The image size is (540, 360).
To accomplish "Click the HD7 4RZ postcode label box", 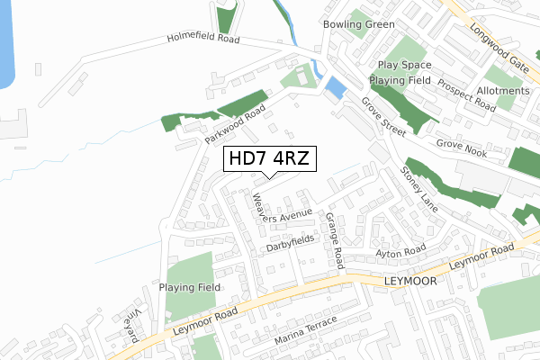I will click(269, 159).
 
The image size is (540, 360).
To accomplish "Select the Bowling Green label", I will click(359, 23).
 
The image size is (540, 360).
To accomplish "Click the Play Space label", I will click(404, 66).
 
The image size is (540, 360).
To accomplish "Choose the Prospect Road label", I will click(467, 94).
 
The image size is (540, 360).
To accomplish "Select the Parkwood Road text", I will click(235, 125).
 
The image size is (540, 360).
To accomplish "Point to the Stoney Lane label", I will click(419, 188).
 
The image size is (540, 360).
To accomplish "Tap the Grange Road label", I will click(335, 240).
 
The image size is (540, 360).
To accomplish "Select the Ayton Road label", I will click(400, 252).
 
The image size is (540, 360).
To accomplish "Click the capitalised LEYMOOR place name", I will click(409, 281).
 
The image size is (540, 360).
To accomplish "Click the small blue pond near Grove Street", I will click(335, 87).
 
